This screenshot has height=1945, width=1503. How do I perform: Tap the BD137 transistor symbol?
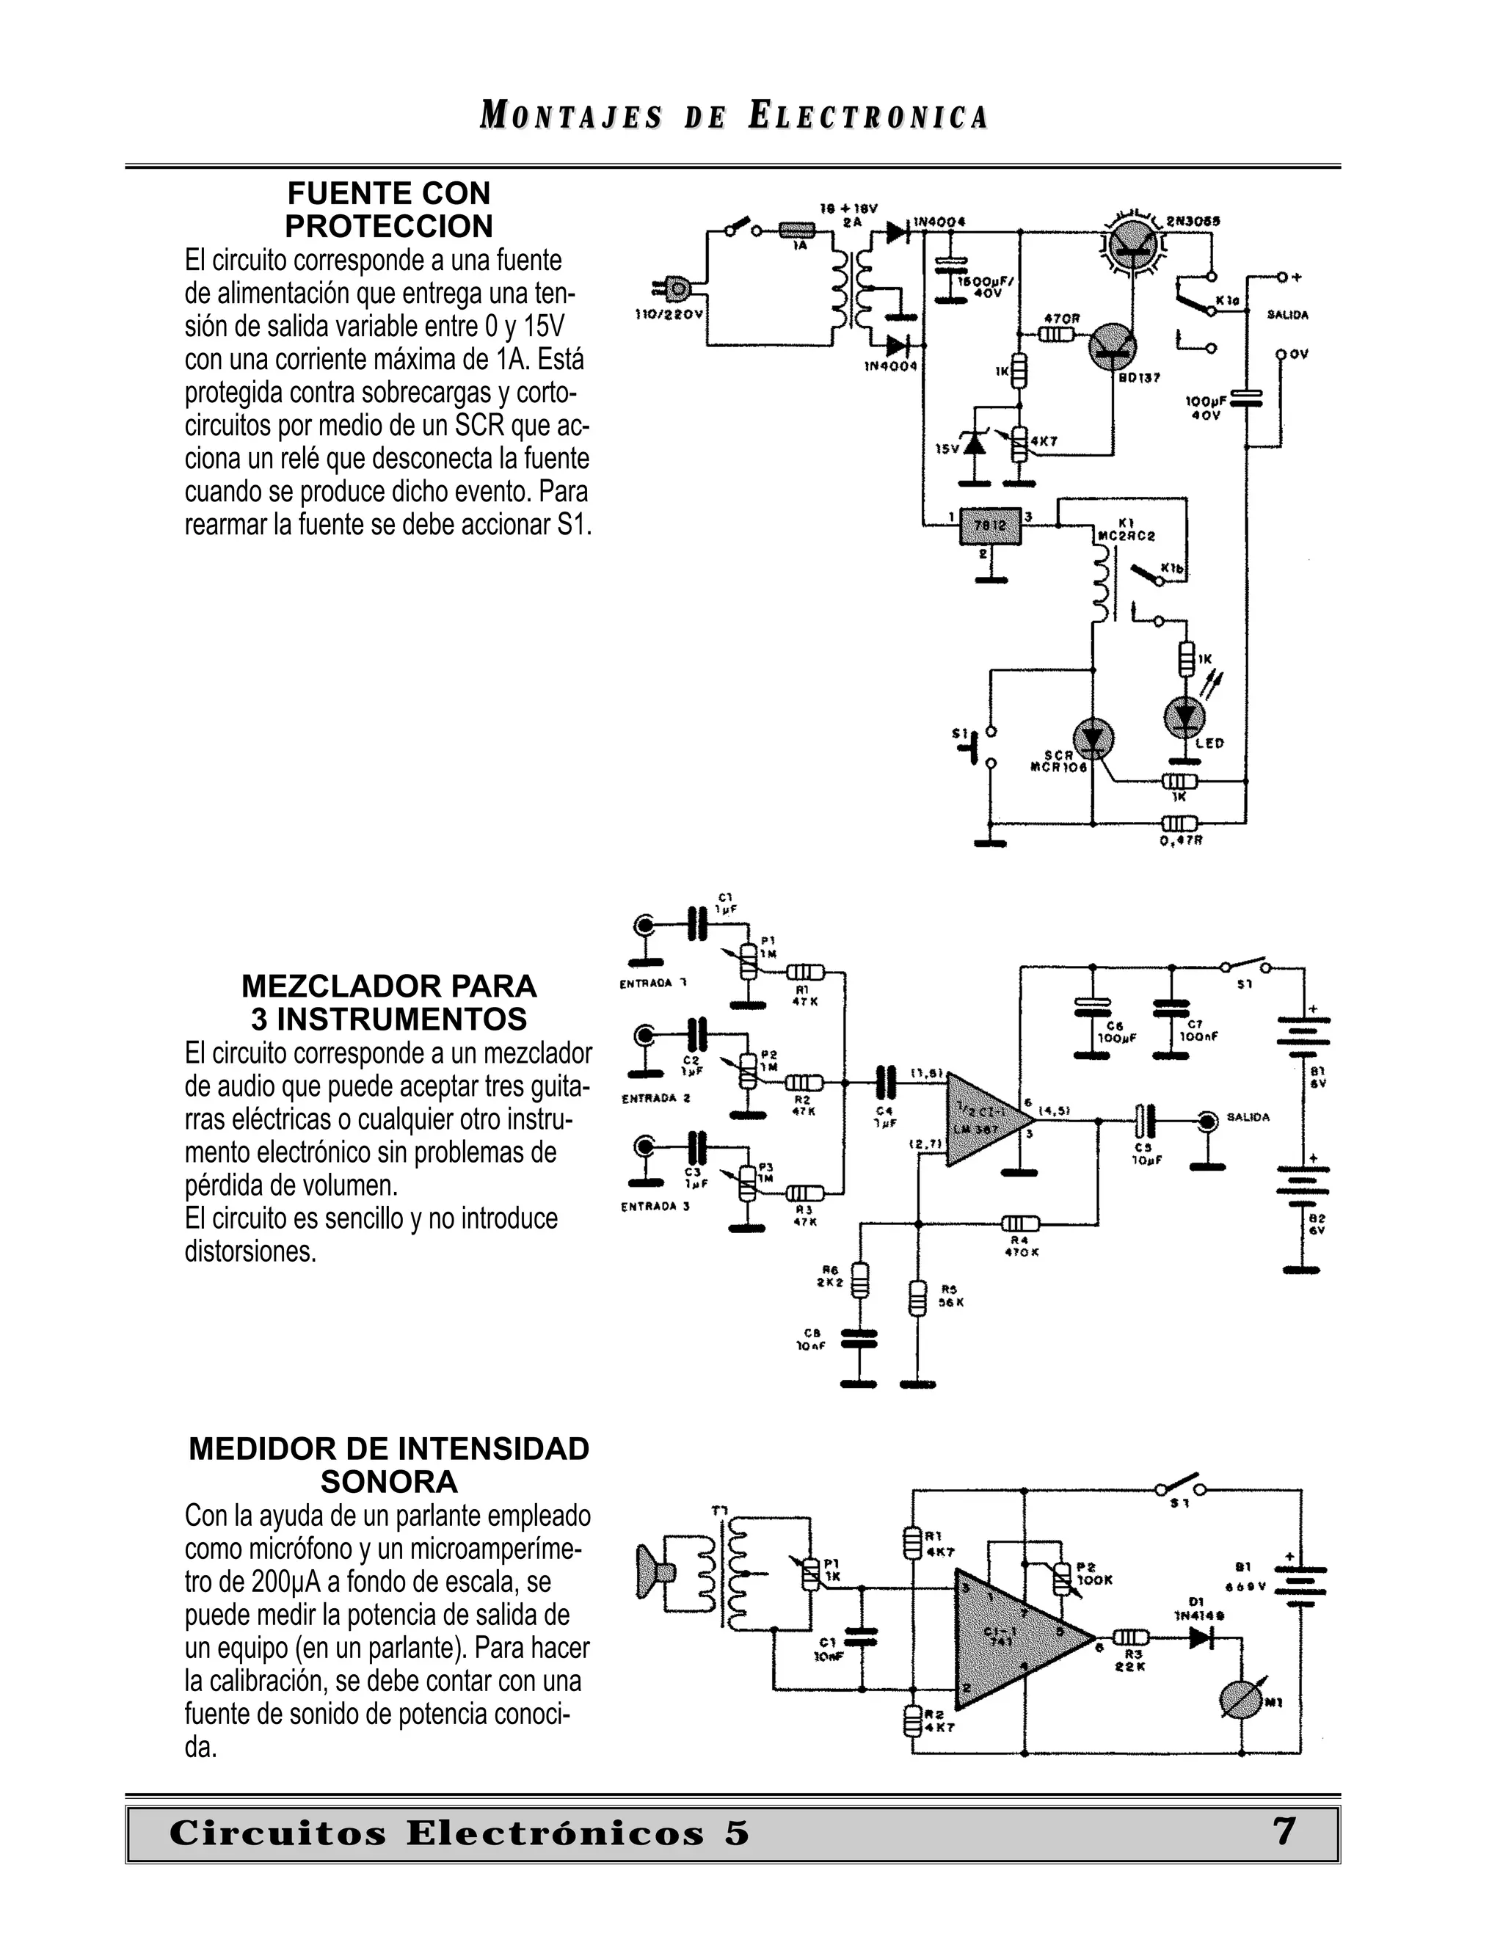click(1114, 343)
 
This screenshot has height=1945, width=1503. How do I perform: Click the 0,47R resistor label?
click(1182, 840)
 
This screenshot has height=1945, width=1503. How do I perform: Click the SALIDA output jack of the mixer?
click(1207, 1121)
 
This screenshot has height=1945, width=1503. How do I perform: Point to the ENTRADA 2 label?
click(655, 1098)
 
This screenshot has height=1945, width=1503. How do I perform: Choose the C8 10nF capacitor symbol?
click(859, 1339)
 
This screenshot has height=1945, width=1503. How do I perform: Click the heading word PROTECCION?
click(389, 226)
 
